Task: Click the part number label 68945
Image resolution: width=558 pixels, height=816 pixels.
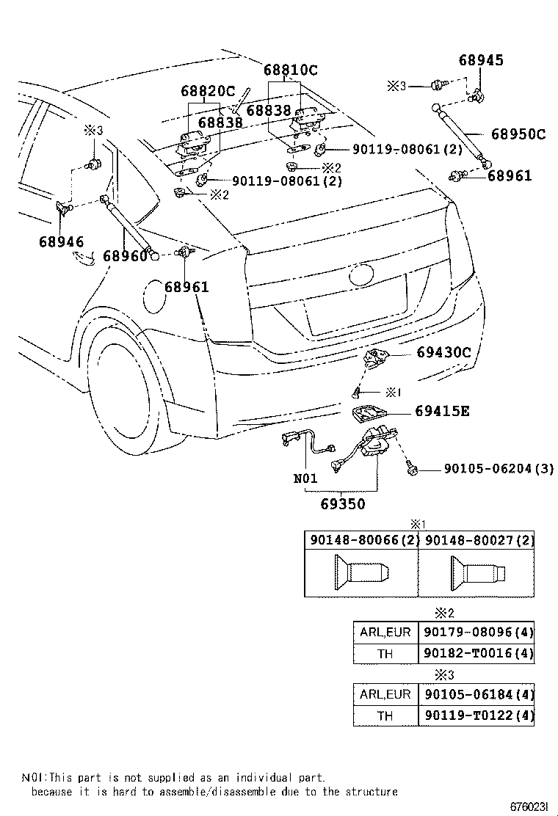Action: (482, 60)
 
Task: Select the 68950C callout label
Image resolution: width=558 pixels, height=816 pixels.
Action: (518, 134)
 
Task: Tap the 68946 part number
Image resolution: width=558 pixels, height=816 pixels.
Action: (62, 241)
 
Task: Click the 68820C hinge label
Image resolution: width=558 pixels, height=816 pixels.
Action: (208, 92)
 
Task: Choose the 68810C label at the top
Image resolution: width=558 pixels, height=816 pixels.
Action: (291, 70)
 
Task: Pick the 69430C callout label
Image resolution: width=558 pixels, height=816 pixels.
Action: (443, 353)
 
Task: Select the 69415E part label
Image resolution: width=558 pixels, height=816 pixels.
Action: (441, 411)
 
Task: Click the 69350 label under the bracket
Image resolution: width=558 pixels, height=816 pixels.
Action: (342, 504)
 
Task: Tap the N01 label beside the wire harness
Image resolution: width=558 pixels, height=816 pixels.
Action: (305, 478)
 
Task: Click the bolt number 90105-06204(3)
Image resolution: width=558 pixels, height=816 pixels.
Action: (488, 468)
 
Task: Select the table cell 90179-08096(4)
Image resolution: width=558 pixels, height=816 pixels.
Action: (477, 632)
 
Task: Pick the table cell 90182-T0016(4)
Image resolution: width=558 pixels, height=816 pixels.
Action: (477, 653)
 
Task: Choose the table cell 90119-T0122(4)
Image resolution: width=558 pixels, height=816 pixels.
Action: (477, 715)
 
